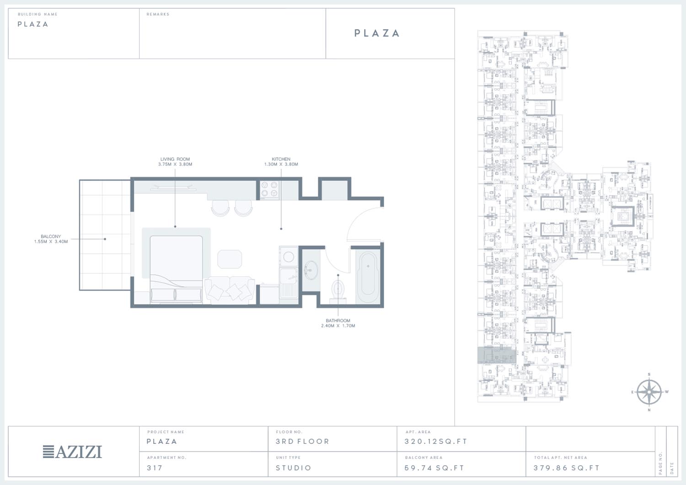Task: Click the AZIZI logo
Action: point(72,452)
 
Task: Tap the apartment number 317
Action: point(155,468)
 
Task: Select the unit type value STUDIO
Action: point(294,468)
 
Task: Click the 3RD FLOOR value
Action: point(302,441)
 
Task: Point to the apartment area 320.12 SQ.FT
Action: point(435,441)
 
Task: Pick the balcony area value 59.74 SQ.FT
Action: point(434,468)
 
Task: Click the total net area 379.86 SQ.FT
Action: point(566,468)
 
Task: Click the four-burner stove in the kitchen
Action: point(269,189)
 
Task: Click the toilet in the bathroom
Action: point(338,291)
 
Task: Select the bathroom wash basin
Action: point(311,270)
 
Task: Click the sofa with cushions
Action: point(230,290)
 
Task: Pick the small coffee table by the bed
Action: point(230,259)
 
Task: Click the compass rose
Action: point(649,392)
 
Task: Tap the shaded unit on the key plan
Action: point(497,355)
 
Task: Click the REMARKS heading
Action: point(158,14)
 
